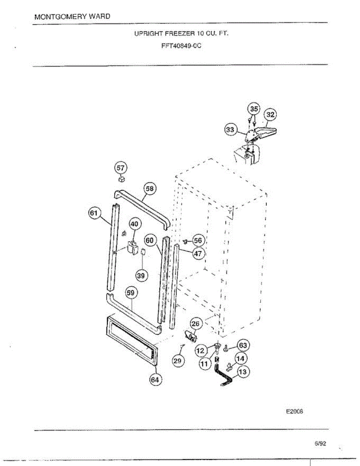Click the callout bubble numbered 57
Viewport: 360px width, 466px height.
tap(121, 168)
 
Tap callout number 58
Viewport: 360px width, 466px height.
tap(150, 188)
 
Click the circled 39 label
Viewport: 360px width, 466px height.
tap(141, 275)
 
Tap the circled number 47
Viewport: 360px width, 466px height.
tap(198, 254)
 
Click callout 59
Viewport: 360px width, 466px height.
tap(130, 293)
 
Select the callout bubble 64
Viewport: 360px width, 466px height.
tap(155, 379)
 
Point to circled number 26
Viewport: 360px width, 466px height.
tap(196, 323)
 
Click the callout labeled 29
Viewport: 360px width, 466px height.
tap(177, 361)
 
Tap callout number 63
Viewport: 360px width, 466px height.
tap(243, 345)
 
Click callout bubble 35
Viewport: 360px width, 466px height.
tap(254, 109)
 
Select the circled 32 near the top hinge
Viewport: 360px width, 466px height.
tap(270, 115)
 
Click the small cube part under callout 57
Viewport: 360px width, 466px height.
tap(122, 179)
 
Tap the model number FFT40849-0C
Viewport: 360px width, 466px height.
tap(181, 45)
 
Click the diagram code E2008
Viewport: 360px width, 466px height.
tap(294, 412)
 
